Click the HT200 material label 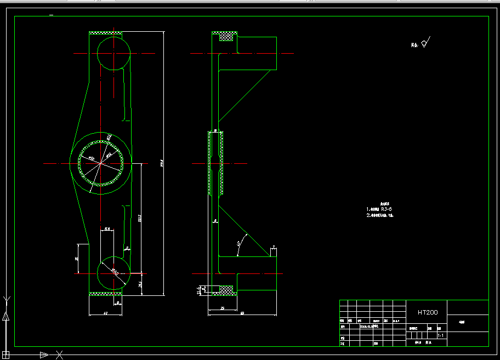point(428,312)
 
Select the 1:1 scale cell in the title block point(441,335)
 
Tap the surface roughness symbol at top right point(426,42)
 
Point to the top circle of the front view point(113,53)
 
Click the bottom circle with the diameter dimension point(113,272)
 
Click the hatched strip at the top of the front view point(105,33)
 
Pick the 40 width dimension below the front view point(105,313)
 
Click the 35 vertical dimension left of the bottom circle point(78,259)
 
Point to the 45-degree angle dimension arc point(239,244)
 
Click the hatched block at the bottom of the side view point(226,288)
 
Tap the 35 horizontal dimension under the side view point(222,308)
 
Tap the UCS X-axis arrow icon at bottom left point(44,355)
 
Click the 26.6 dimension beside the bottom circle point(140,284)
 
